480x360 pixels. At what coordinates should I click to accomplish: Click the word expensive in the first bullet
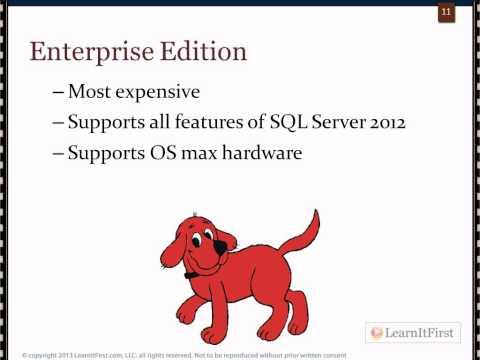[x=153, y=92]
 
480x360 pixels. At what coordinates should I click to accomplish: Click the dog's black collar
[x=191, y=273]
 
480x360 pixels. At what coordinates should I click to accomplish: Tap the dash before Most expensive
[x=58, y=93]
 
